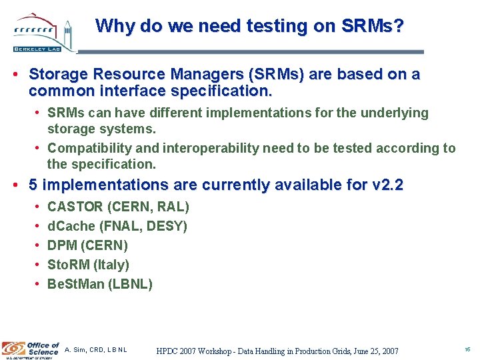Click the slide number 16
click(x=467, y=349)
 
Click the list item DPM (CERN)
click(x=87, y=246)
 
